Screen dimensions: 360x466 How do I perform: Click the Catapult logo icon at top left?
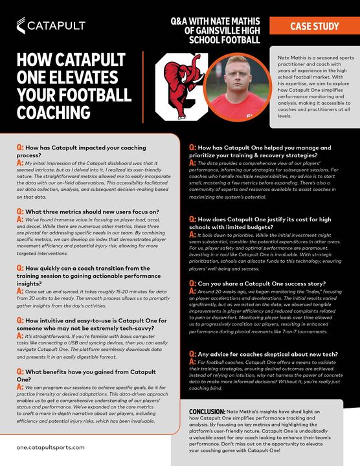coord(23,25)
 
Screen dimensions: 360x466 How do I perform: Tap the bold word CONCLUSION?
coord(207,412)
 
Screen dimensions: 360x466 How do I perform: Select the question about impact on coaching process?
coord(84,152)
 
